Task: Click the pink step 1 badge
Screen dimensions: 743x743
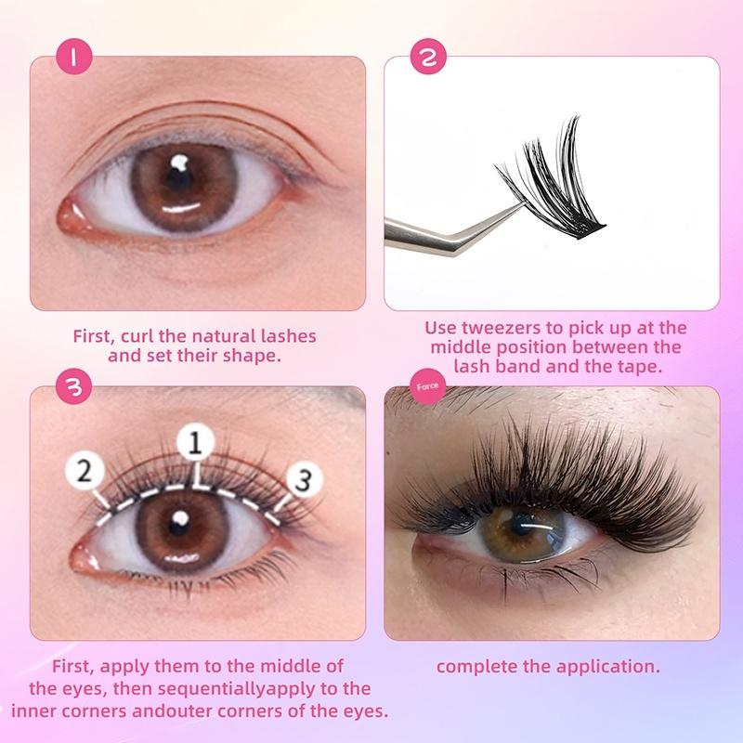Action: [x=74, y=58]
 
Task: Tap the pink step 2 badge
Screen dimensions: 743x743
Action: [x=428, y=58]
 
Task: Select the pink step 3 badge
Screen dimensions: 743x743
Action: [x=74, y=387]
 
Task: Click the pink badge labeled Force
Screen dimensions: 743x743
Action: [x=428, y=386]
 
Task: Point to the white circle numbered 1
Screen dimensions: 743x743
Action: [x=195, y=444]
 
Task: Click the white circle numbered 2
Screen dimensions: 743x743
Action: [x=85, y=472]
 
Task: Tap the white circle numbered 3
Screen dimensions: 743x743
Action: [x=304, y=479]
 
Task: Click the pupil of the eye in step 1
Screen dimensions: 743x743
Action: [x=179, y=178]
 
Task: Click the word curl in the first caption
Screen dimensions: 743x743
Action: [x=137, y=336]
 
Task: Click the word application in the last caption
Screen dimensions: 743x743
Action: [x=608, y=667]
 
